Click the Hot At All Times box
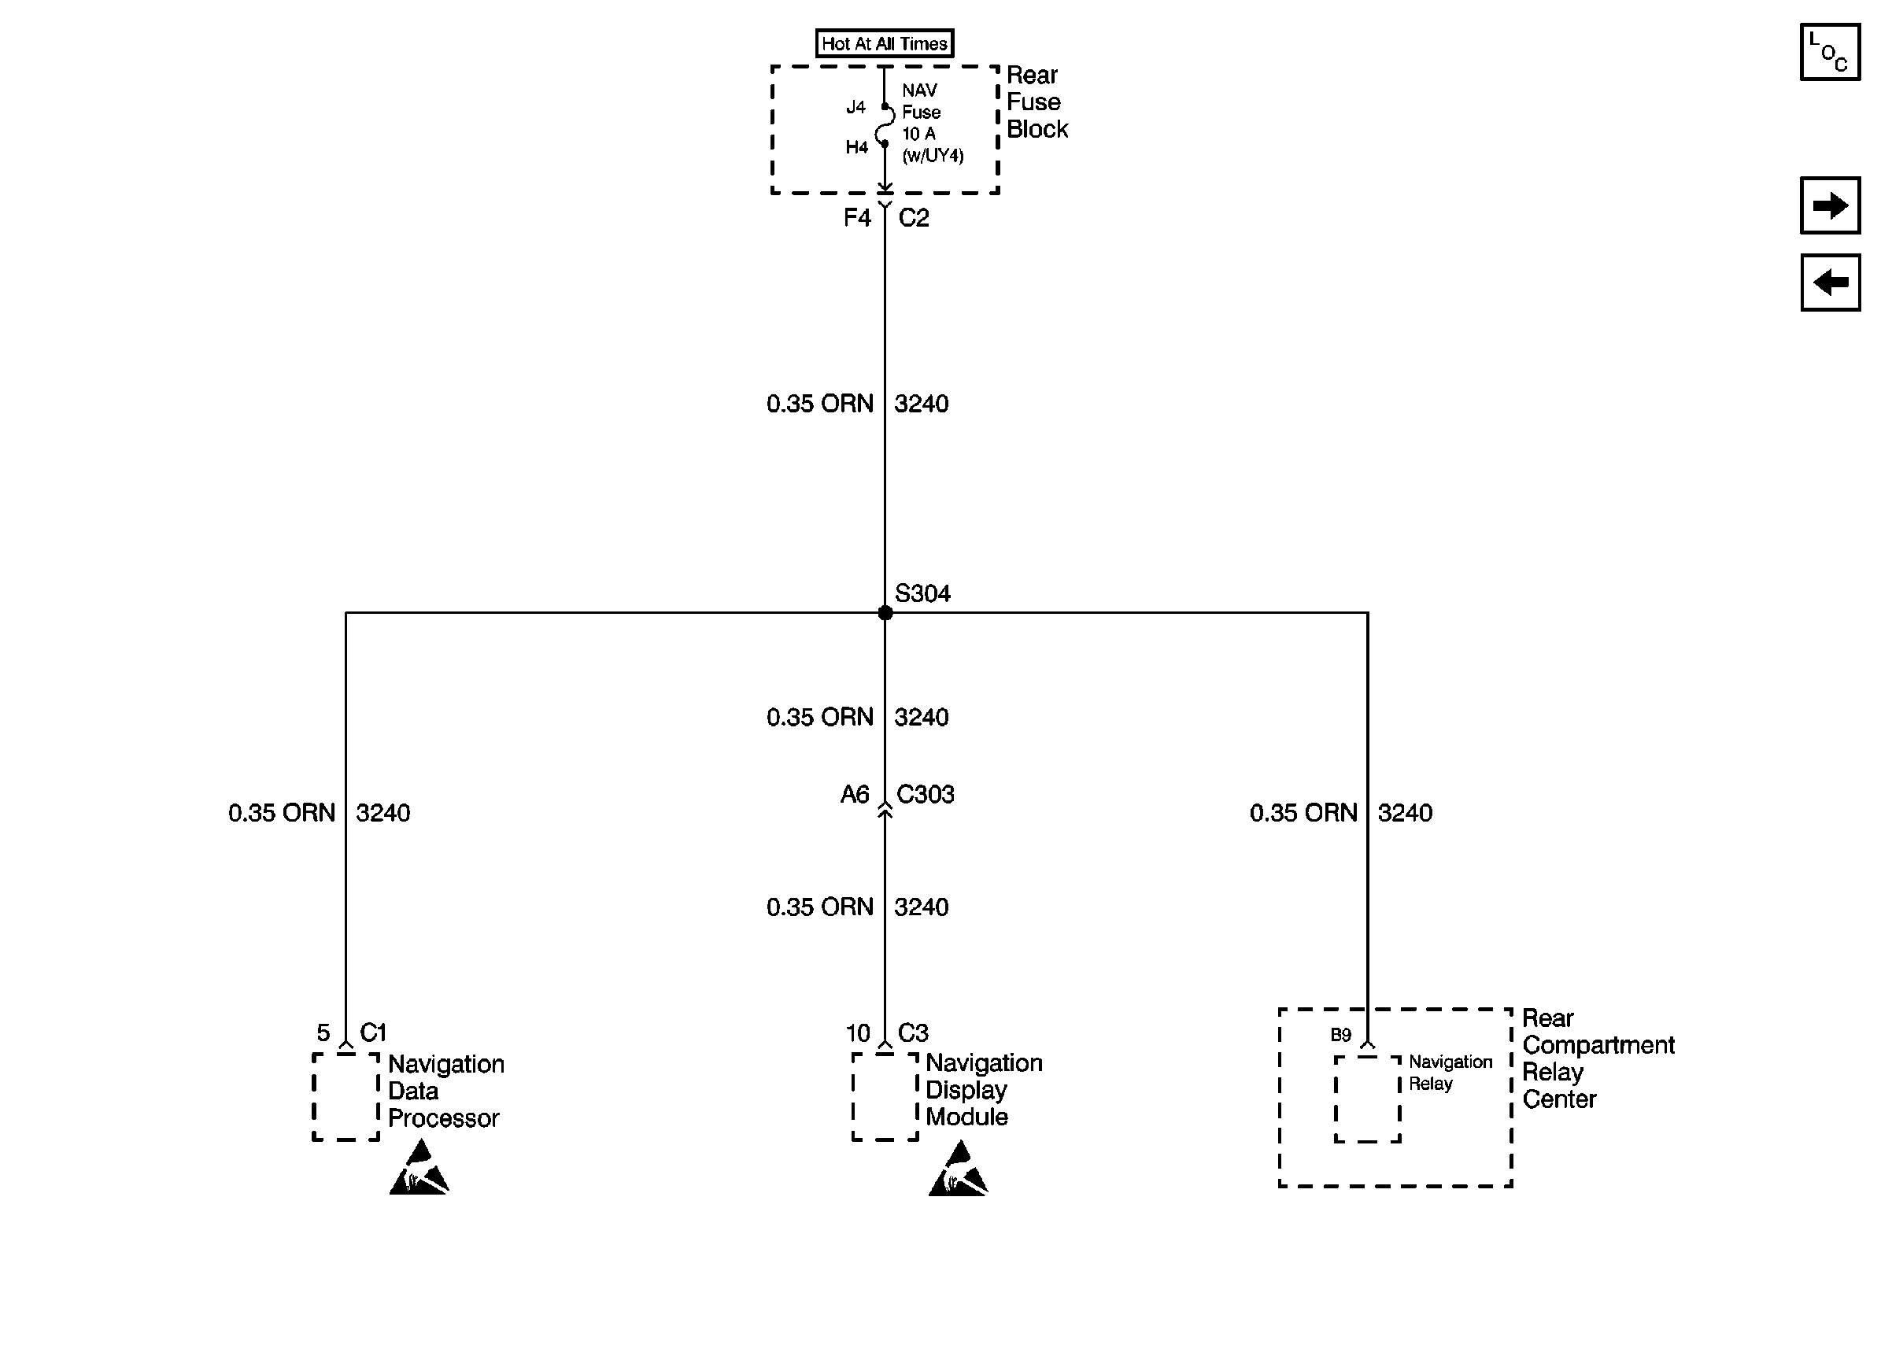pos(884,43)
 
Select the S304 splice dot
pos(885,613)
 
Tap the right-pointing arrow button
pos(1830,205)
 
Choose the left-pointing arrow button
pos(1830,283)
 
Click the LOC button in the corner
pos(1830,52)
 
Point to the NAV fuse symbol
pos(885,126)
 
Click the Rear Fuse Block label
pos(1036,102)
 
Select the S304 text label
pos(922,593)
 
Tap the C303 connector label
pos(925,794)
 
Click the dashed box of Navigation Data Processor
pos(346,1096)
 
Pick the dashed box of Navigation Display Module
pos(885,1096)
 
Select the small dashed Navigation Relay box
pos(1368,1099)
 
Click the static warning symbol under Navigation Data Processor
pos(419,1169)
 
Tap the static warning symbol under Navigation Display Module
pos(958,1169)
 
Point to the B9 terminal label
pos(1340,1035)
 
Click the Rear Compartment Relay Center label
pos(1598,1058)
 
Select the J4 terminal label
pos(855,107)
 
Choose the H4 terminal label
pos(856,147)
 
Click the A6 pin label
pos(855,794)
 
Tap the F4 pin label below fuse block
pos(856,218)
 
